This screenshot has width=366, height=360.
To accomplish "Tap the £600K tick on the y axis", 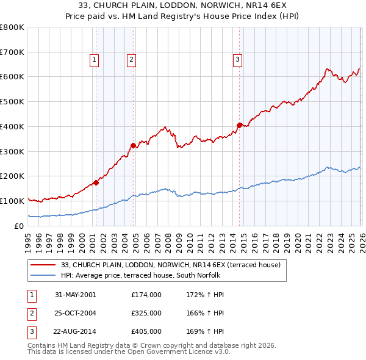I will pyautogui.click(x=12, y=77).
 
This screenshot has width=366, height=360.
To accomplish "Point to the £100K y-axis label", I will pyautogui.click(x=12, y=201).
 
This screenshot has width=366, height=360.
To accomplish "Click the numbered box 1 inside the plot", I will pyautogui.click(x=95, y=60).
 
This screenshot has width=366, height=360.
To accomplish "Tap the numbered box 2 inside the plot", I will pyautogui.click(x=132, y=60).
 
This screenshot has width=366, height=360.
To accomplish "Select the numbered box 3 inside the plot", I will pyautogui.click(x=237, y=60).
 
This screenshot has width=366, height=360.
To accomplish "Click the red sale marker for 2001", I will pyautogui.click(x=96, y=182).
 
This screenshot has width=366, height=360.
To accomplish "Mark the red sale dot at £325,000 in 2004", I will pyautogui.click(x=133, y=145).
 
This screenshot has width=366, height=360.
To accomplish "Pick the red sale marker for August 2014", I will pyautogui.click(x=239, y=125).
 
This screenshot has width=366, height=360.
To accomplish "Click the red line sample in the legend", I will pyautogui.click(x=44, y=265).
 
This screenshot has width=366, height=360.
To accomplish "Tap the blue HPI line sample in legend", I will pyautogui.click(x=44, y=275).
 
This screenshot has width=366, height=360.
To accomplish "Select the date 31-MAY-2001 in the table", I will pyautogui.click(x=75, y=295).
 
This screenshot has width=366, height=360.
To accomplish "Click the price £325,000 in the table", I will pyautogui.click(x=146, y=313).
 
